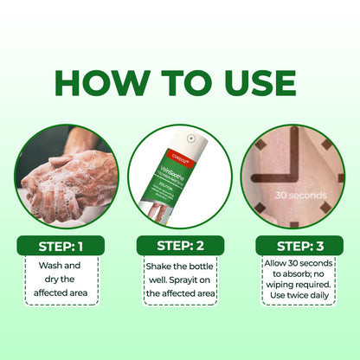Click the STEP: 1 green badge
click(61, 246)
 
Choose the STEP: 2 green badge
click(179, 246)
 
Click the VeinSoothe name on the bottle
click(178, 171)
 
